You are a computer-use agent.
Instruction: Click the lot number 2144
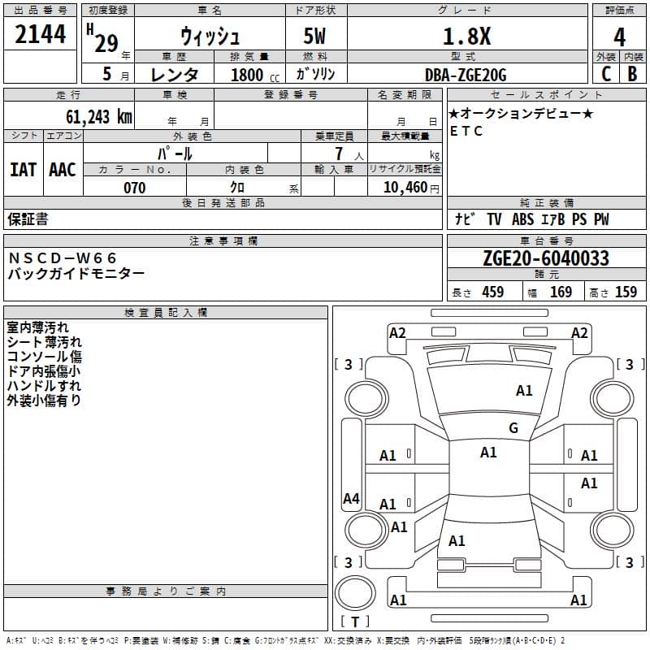tap(41, 34)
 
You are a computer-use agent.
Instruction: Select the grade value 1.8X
tap(466, 37)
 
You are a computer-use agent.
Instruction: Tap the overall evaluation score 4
tap(620, 37)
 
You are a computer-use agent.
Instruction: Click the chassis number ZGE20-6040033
tap(546, 258)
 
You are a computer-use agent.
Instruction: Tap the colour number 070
tap(135, 188)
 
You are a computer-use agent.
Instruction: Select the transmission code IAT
tap(23, 170)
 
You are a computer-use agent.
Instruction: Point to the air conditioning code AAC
tap(63, 170)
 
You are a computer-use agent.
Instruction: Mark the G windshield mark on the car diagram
tap(513, 428)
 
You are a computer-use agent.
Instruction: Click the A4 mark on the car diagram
tap(351, 499)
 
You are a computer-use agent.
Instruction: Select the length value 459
tap(492, 292)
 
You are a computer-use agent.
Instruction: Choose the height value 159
tap(626, 292)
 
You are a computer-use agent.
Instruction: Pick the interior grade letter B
tap(632, 74)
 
